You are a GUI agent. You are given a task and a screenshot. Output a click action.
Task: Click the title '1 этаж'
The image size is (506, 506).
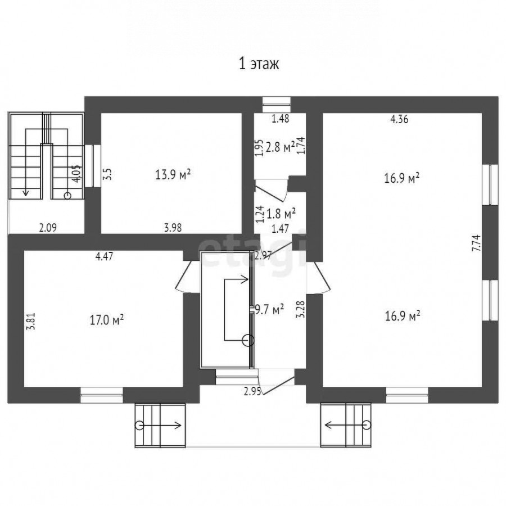pyautogui.click(x=259, y=64)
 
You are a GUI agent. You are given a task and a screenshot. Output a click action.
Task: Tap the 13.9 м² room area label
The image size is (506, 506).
pyautogui.click(x=173, y=175)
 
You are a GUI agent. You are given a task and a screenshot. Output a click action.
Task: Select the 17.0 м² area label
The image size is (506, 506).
pyautogui.click(x=107, y=320)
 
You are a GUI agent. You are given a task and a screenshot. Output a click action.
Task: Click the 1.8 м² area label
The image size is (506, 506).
pyautogui.click(x=281, y=214)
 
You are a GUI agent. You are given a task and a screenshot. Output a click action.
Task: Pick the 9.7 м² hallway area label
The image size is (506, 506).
pyautogui.click(x=269, y=310)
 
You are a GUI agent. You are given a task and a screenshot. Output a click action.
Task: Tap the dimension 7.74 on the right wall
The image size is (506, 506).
pyautogui.click(x=476, y=243)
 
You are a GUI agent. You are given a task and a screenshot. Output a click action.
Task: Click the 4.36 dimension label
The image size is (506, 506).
pyautogui.click(x=399, y=119)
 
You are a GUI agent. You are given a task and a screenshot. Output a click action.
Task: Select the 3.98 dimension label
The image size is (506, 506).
pyautogui.click(x=173, y=228)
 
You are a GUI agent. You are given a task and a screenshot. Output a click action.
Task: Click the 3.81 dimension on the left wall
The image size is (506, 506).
pyautogui.click(x=31, y=322)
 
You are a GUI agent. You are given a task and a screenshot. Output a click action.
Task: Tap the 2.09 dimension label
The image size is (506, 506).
pyautogui.click(x=48, y=228)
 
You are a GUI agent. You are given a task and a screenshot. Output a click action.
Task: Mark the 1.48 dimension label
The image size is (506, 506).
pyautogui.click(x=280, y=119)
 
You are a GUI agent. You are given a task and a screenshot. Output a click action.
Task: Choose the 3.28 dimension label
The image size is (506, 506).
pyautogui.click(x=300, y=310)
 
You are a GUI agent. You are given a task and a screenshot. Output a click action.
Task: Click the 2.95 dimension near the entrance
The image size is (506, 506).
pyautogui.click(x=252, y=391)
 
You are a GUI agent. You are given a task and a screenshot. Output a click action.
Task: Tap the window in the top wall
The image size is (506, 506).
pyautogui.click(x=276, y=105)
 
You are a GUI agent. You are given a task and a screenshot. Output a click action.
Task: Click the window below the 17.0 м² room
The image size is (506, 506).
pyautogui.click(x=102, y=395)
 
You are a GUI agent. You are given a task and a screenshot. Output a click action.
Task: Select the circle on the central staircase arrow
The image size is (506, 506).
pyautogui.click(x=248, y=341)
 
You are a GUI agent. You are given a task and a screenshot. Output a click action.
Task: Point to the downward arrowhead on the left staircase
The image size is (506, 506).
pyautogui.click(x=26, y=193)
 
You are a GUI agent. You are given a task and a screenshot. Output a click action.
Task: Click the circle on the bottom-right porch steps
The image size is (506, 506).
pyautogui.click(x=366, y=425)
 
